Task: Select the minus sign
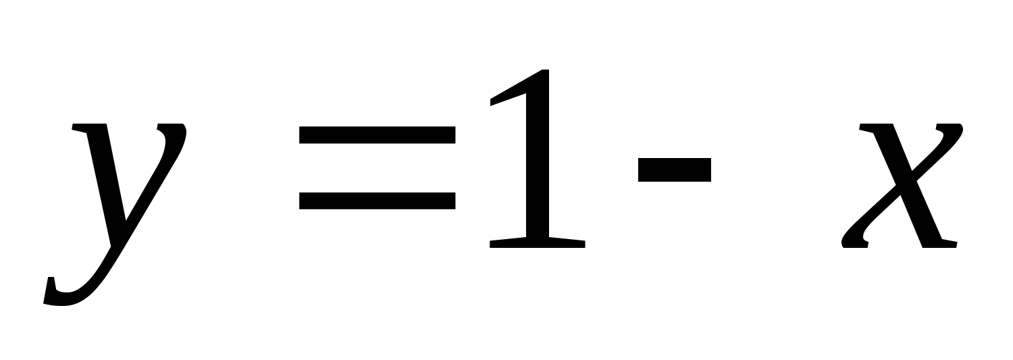click(674, 170)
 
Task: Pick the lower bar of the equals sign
click(377, 201)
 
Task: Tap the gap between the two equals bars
click(377, 168)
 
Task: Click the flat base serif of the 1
click(537, 243)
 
